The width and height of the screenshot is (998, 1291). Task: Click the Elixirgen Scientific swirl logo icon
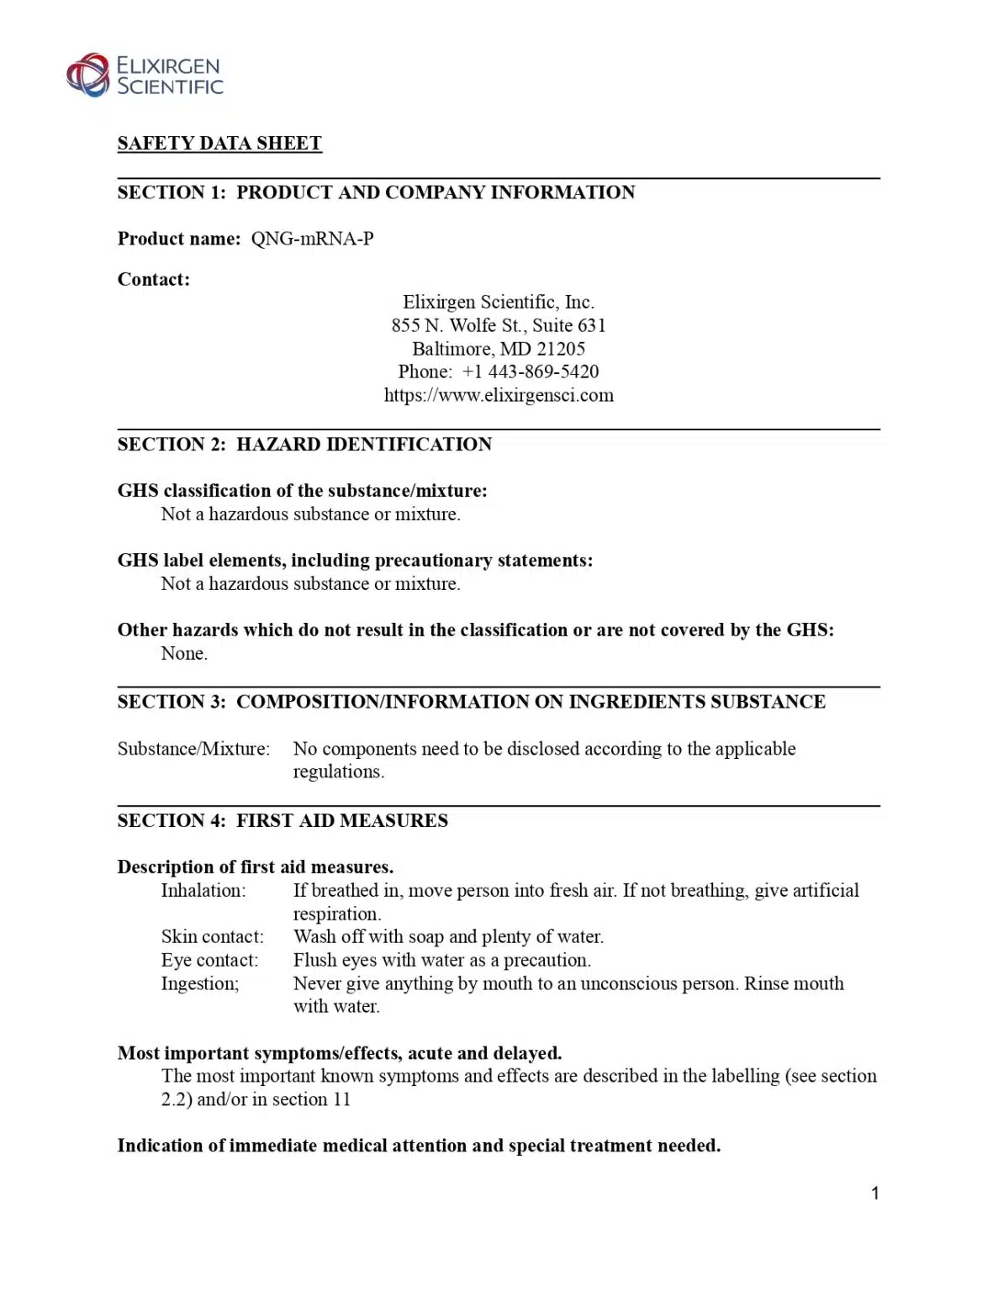pos(88,75)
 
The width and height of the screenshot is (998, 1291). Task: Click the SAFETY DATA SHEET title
pos(219,144)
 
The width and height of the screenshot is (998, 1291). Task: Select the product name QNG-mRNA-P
pos(312,240)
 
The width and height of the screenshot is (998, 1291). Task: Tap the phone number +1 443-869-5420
pos(531,371)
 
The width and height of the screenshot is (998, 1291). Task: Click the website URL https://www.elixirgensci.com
pos(499,395)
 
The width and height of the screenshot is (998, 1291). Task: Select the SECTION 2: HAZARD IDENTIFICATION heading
pos(304,445)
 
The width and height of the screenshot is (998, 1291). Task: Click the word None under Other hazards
pos(183,654)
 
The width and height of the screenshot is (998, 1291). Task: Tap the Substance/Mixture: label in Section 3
pos(193,749)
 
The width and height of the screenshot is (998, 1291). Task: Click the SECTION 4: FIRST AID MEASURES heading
pos(283,821)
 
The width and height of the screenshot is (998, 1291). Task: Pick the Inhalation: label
pos(203,891)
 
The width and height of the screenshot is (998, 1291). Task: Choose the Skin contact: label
pos(212,937)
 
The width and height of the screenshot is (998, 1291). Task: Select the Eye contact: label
pos(209,961)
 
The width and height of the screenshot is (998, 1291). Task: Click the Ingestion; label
pos(200,984)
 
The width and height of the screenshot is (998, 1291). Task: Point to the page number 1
pos(875,1194)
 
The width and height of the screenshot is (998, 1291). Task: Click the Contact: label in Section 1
pos(154,280)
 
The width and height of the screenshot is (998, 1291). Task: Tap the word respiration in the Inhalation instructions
pos(336,914)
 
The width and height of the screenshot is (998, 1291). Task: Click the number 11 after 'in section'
pos(341,1099)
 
